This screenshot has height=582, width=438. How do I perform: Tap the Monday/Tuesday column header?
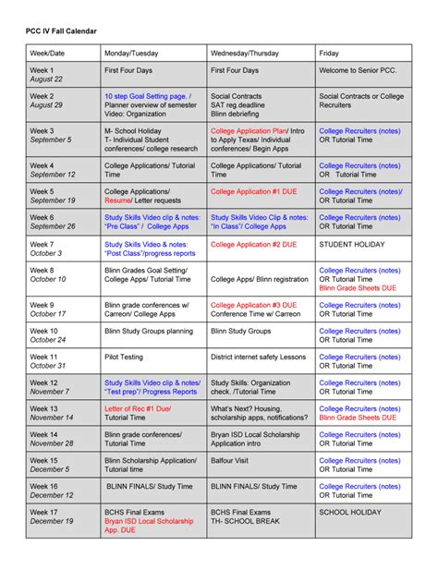click(x=132, y=54)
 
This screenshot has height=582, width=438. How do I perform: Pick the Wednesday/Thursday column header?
click(x=244, y=54)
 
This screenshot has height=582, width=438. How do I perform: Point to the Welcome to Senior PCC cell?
click(x=357, y=70)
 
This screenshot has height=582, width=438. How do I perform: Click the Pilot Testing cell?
click(x=125, y=356)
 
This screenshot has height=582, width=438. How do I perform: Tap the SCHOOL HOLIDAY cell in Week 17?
click(x=349, y=511)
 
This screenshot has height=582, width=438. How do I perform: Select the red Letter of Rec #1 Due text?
click(x=139, y=407)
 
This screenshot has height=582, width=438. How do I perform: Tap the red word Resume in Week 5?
click(x=117, y=200)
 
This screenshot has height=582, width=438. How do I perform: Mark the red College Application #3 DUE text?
click(x=254, y=304)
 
